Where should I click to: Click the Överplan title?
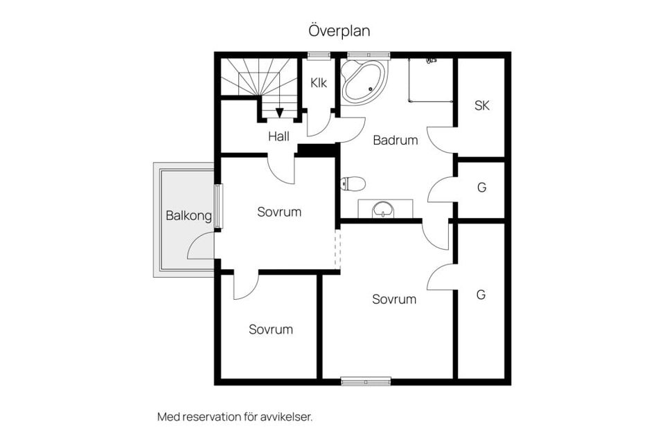[x=339, y=30]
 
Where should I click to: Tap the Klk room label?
[x=319, y=82]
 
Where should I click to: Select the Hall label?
[x=278, y=136]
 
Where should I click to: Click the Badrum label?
[x=396, y=141]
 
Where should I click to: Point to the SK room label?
[x=482, y=105]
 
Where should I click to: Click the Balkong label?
[x=188, y=216]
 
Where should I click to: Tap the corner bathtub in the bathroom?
[x=364, y=82]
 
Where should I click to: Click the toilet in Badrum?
[x=353, y=184]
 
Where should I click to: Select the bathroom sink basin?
[x=383, y=210]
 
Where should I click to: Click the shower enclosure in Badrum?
[x=429, y=80]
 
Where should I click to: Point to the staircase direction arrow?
[x=279, y=113]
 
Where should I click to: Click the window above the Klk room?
[x=319, y=55]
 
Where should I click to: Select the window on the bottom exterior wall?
[x=366, y=381]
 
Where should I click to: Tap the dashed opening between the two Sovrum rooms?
[x=337, y=249]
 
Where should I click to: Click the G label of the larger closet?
[x=481, y=295]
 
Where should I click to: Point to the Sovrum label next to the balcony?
[x=279, y=212]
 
